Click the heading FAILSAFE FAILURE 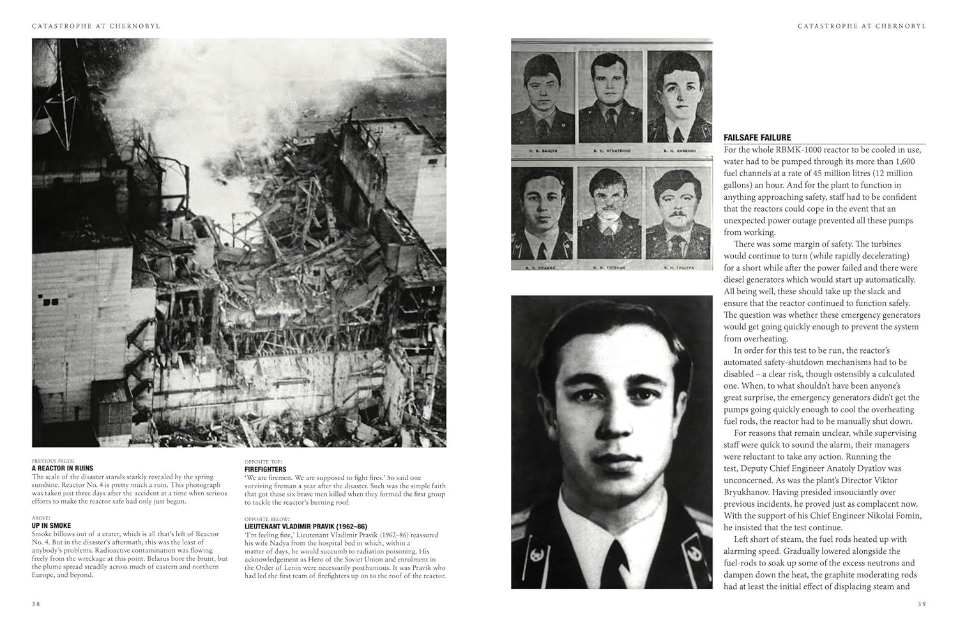[x=757, y=137]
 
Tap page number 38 [x=36, y=604]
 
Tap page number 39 [x=921, y=604]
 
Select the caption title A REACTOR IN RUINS [x=63, y=468]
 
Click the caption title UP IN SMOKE [x=52, y=525]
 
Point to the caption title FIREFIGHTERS [x=265, y=469]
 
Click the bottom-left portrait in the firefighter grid [x=542, y=214]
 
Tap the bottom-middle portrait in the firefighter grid [x=610, y=214]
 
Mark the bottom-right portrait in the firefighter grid [x=678, y=214]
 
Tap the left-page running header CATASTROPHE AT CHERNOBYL [x=96, y=26]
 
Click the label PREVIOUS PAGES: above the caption [x=53, y=460]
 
